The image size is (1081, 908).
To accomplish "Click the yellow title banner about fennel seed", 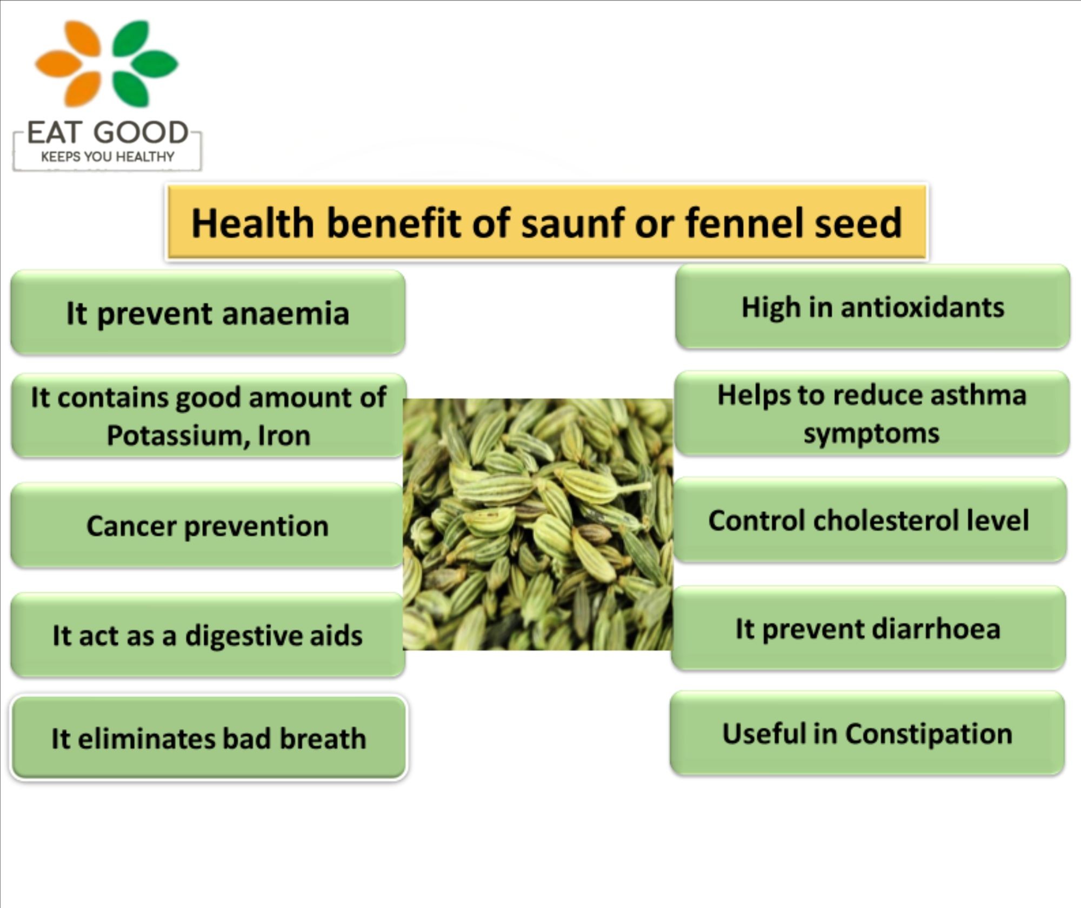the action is tap(547, 222).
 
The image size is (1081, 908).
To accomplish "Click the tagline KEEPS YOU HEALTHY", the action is tap(108, 157).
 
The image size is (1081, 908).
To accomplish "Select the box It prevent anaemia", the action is tap(208, 312).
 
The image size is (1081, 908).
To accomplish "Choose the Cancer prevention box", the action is tap(207, 525).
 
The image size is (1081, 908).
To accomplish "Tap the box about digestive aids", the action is tap(208, 635).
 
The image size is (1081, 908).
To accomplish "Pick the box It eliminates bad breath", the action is tap(209, 738).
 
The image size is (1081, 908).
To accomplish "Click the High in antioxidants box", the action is tap(872, 306).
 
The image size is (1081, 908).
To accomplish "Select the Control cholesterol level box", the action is tap(869, 520).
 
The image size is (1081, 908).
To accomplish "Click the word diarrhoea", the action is tap(936, 629).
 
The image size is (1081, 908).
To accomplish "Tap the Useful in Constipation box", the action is tap(868, 733).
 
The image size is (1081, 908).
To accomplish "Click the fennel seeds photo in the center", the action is tap(538, 524).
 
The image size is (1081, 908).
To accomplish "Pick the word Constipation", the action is tap(929, 734).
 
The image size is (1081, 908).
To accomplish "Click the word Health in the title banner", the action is tap(252, 223).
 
